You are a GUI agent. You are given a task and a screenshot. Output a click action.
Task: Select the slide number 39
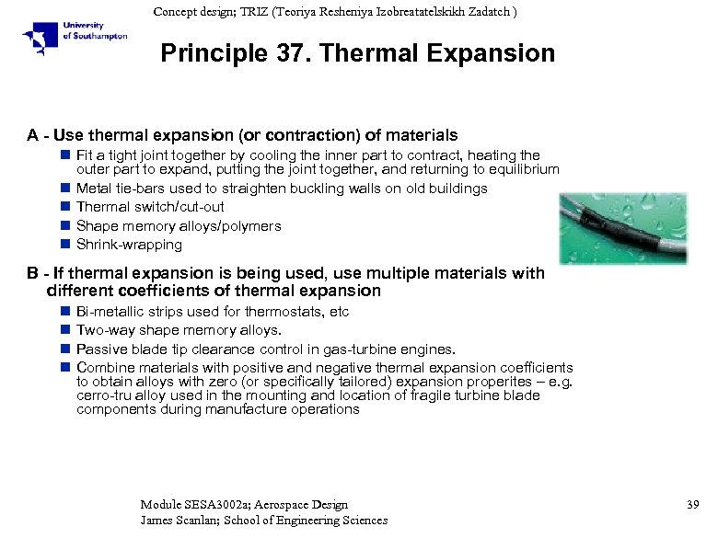pos(694,505)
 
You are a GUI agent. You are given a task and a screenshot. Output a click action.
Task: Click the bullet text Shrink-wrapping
pos(129,245)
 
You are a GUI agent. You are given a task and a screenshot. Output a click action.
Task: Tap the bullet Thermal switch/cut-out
pos(150,207)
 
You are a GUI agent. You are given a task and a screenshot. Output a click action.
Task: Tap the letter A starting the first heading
pos(32,135)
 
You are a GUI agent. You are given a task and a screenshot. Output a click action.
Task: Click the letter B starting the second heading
pos(32,273)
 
